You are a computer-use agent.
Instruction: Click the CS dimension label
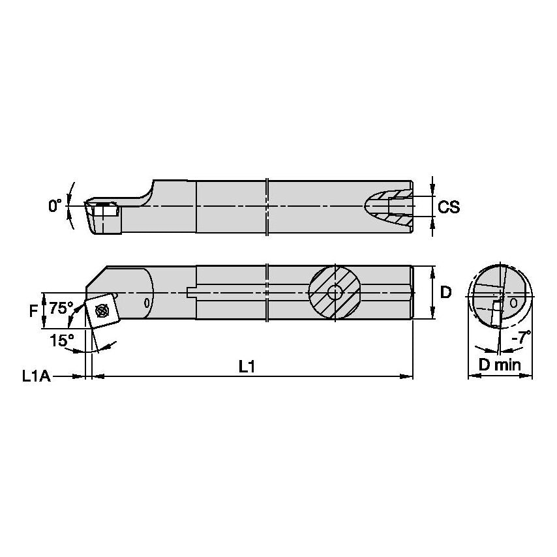[449, 207]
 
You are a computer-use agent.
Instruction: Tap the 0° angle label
[55, 205]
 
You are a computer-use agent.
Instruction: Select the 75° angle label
[61, 308]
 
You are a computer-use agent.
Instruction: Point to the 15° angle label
[62, 340]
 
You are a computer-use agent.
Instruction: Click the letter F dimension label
[33, 311]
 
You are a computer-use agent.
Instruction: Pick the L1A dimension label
[37, 376]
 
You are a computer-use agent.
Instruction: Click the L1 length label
[247, 367]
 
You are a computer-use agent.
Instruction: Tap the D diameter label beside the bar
[445, 292]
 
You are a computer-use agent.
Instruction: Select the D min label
[500, 365]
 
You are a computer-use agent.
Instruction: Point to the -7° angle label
[521, 337]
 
